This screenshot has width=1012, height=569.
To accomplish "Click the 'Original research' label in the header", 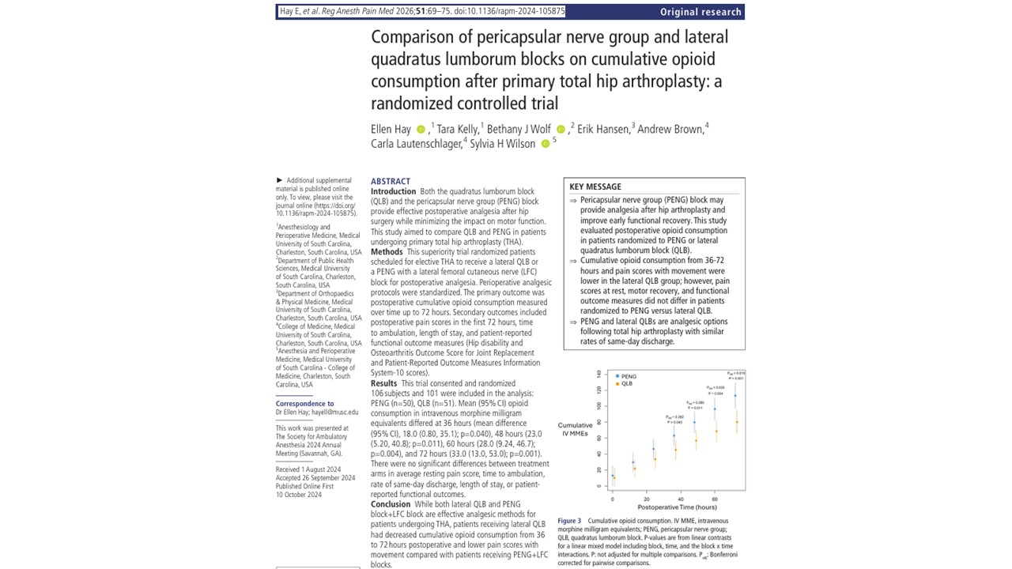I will [700, 12].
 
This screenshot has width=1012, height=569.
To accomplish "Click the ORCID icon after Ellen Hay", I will [421, 130].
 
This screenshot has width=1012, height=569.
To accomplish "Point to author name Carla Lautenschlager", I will [416, 144].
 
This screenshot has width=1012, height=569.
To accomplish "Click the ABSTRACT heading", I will [391, 182].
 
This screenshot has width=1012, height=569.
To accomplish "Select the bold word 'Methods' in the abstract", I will [387, 252].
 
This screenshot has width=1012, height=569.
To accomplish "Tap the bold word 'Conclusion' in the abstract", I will [391, 504].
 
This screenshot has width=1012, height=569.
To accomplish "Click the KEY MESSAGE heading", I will [595, 187].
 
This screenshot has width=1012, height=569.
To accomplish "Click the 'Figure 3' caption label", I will [569, 522].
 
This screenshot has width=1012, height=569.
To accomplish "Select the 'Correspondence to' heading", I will [304, 404].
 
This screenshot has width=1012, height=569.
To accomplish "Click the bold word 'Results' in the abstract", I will [384, 383].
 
